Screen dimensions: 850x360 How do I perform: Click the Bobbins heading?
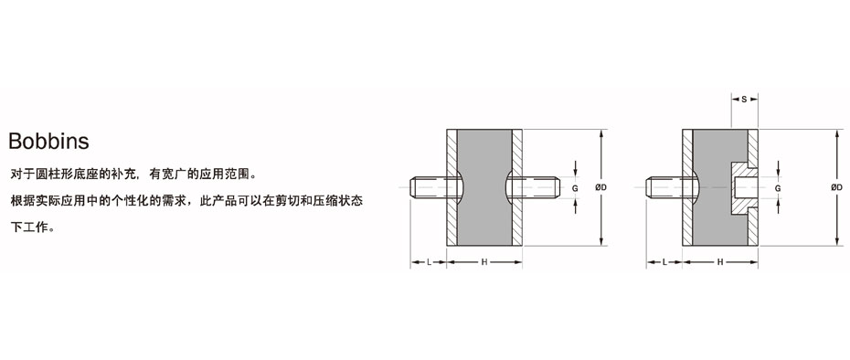coord(48,142)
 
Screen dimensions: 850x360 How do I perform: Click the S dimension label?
coord(744,98)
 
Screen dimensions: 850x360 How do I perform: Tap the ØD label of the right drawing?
coord(836,187)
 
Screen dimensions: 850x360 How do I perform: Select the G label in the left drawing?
coord(575,187)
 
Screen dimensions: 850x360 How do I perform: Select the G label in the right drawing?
coord(778,187)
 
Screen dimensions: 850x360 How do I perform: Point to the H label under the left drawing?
coord(483,262)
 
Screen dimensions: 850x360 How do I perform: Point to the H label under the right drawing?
coord(720,262)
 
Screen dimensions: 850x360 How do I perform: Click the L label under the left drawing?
coord(430,262)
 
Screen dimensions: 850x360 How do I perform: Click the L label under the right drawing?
coord(664,262)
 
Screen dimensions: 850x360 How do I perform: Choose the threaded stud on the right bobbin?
coord(664,187)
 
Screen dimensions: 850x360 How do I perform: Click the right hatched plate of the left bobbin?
coord(517,219)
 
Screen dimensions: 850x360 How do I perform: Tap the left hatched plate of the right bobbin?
coord(687,219)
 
